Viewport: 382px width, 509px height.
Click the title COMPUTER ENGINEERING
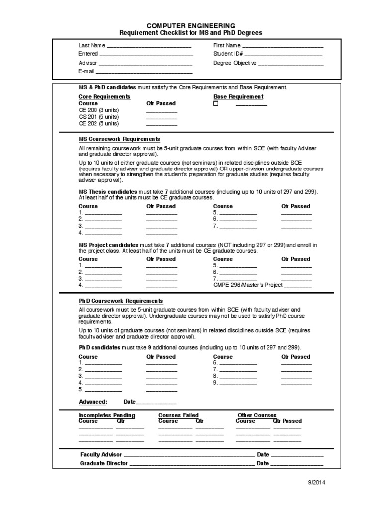pos(191,25)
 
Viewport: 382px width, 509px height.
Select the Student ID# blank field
pos(284,54)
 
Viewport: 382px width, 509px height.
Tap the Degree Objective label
pos(235,63)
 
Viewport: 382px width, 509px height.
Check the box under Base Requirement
pos(216,104)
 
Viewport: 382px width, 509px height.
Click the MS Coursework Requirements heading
pos(119,139)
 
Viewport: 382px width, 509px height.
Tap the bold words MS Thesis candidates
pos(108,192)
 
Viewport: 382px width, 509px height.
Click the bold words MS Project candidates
pos(108,245)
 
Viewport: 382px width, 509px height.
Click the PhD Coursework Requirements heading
pos(120,301)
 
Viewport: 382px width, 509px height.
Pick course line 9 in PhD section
pos(238,383)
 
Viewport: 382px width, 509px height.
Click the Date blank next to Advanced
pos(156,402)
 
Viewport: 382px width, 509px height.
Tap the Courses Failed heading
pos(178,415)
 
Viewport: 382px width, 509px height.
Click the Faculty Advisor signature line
pos(189,455)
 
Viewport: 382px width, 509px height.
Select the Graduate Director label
pos(104,463)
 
